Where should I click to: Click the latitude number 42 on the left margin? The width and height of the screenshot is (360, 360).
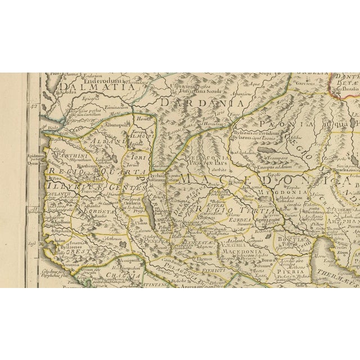coord(33,106)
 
